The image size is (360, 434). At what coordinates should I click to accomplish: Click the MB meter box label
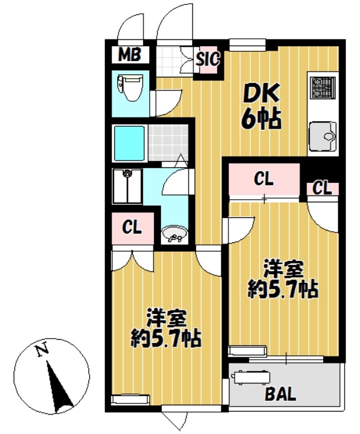[x=130, y=54]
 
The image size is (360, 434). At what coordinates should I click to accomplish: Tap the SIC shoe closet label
[x=208, y=59]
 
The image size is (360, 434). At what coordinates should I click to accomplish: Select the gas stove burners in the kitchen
[x=323, y=87]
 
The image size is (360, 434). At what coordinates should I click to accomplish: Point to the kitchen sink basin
[x=323, y=136]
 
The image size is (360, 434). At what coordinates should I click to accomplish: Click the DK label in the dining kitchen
[x=261, y=93]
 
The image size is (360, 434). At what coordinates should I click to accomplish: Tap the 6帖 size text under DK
[x=261, y=119]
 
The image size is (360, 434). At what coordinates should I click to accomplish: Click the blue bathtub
[x=129, y=144]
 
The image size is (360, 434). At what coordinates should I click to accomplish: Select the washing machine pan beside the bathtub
[x=127, y=186]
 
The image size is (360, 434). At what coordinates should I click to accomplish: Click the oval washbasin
[x=174, y=234]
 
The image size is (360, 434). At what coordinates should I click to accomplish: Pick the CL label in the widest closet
[x=264, y=179]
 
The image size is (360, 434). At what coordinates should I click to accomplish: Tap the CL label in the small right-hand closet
[x=322, y=188]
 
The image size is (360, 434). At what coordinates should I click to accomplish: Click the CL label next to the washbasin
[x=132, y=227]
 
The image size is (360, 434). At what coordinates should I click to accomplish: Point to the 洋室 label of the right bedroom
[x=283, y=269]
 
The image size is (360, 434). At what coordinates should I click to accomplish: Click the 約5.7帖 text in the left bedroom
[x=166, y=338]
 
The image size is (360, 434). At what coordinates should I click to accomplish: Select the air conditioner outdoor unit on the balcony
[x=250, y=378]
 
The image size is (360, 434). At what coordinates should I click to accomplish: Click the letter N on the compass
[x=42, y=350]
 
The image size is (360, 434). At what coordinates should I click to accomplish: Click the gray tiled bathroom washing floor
[x=168, y=143]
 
